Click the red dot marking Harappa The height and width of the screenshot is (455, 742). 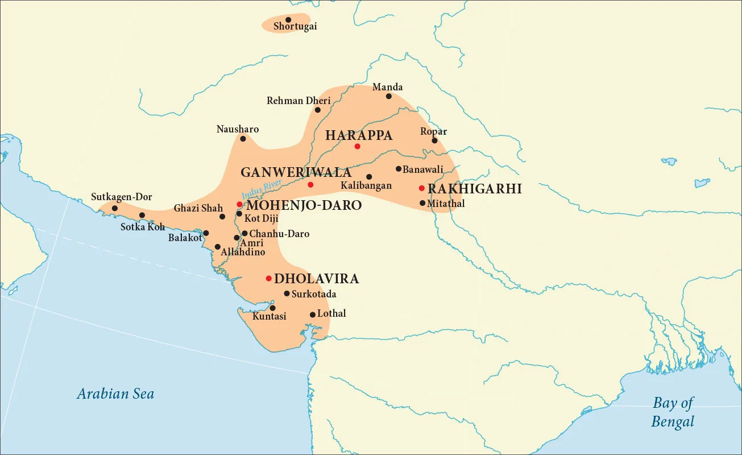[x=357, y=147]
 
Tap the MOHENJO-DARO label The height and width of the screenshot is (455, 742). [x=304, y=205]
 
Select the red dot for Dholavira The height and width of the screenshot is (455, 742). [x=268, y=278]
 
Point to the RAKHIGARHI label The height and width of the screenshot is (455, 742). [x=474, y=189]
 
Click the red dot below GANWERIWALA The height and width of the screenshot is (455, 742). [x=310, y=185]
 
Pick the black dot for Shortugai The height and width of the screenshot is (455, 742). [x=288, y=20]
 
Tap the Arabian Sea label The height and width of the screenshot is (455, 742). [x=115, y=394]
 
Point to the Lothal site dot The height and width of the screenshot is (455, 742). [x=312, y=315]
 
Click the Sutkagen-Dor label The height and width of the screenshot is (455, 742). [x=122, y=197]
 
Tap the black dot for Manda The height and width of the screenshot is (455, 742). [x=389, y=96]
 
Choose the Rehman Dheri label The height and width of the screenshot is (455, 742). [x=298, y=101]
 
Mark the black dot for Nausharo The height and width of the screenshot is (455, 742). [x=243, y=139]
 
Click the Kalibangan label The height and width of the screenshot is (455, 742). [x=366, y=186]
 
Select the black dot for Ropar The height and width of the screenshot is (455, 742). [x=434, y=140]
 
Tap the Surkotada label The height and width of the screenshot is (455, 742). [x=314, y=294]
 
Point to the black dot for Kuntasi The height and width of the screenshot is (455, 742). [x=272, y=308]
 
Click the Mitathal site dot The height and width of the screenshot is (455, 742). [x=422, y=203]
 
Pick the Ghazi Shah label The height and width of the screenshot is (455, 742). [x=198, y=208]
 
